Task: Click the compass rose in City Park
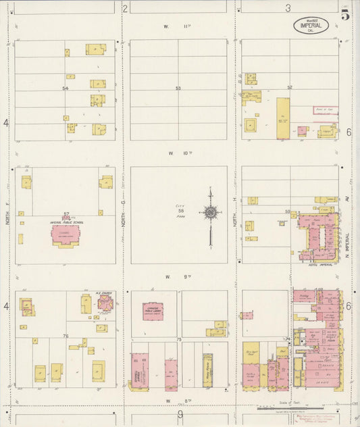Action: (x=211, y=214)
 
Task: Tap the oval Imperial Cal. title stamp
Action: (x=311, y=26)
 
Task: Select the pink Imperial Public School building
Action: (x=66, y=234)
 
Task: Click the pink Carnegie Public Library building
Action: (x=153, y=311)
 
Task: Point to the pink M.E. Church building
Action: (x=105, y=303)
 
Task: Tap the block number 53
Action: (x=178, y=89)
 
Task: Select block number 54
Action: (x=66, y=89)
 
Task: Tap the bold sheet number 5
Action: (x=345, y=16)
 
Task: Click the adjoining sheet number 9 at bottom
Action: (x=180, y=416)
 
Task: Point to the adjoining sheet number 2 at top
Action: (x=125, y=9)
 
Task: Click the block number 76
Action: (x=66, y=336)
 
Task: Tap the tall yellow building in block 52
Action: (x=282, y=118)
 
